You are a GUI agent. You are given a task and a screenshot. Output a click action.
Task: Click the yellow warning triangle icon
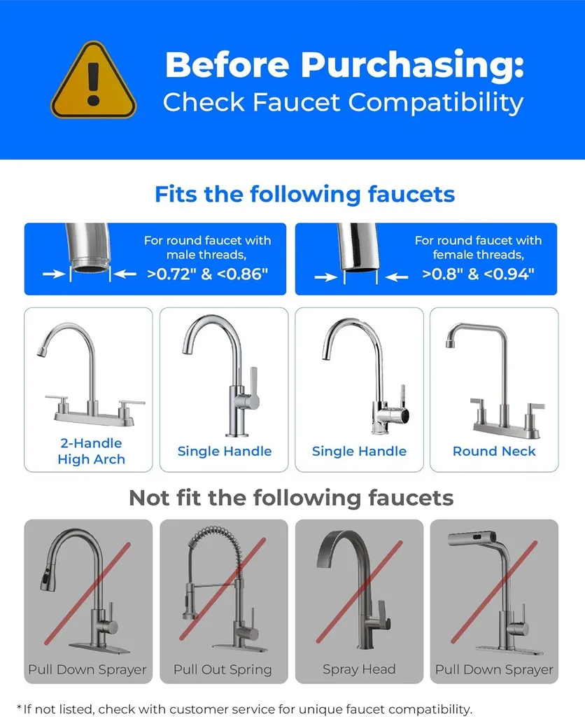pyautogui.click(x=93, y=81)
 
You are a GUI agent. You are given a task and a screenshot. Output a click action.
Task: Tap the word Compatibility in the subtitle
pyautogui.click(x=435, y=103)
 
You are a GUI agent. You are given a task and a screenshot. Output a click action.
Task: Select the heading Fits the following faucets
pyautogui.click(x=305, y=195)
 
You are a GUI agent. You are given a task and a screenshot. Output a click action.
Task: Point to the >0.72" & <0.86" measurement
pyautogui.click(x=207, y=274)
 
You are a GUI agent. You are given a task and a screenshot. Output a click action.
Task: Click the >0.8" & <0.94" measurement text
pyautogui.click(x=478, y=274)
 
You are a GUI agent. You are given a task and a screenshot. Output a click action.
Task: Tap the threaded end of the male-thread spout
pyautogui.click(x=90, y=266)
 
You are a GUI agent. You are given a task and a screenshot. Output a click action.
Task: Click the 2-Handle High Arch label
pyautogui.click(x=92, y=451)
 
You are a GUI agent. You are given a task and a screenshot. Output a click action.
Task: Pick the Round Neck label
pyautogui.click(x=494, y=452)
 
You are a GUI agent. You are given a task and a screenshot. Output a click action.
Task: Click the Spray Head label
pyautogui.click(x=359, y=669)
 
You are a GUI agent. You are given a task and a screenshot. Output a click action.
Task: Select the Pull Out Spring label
pyautogui.click(x=223, y=670)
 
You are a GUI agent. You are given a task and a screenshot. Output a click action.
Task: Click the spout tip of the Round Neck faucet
pyautogui.click(x=450, y=342)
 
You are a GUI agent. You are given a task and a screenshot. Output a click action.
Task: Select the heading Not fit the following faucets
pyautogui.click(x=291, y=498)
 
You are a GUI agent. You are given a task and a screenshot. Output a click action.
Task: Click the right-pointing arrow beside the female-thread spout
pyautogui.click(x=326, y=277)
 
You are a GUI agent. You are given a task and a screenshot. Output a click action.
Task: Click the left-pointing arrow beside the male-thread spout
pyautogui.click(x=125, y=274)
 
